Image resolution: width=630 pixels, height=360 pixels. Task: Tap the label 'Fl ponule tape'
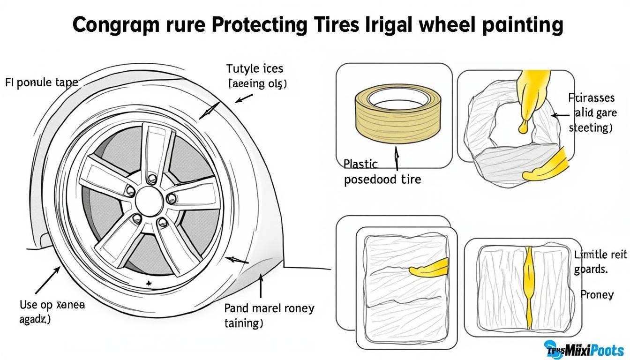pyautogui.click(x=41, y=83)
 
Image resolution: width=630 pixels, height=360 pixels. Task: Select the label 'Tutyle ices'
pyautogui.click(x=255, y=69)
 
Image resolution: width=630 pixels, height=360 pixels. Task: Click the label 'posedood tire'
pyautogui.click(x=382, y=179)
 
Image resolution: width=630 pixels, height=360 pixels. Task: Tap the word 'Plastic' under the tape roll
pyautogui.click(x=360, y=164)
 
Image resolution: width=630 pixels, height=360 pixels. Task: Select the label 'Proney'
pyautogui.click(x=597, y=294)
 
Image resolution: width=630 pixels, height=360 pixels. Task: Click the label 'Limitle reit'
pyautogui.click(x=600, y=255)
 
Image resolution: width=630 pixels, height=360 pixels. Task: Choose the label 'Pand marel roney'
pyautogui.click(x=269, y=308)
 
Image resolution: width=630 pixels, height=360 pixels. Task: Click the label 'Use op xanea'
pyautogui.click(x=52, y=305)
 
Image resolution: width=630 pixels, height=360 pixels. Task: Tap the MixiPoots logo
pyautogui.click(x=584, y=349)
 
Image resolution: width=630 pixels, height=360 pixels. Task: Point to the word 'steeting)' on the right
pyautogui.click(x=590, y=128)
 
